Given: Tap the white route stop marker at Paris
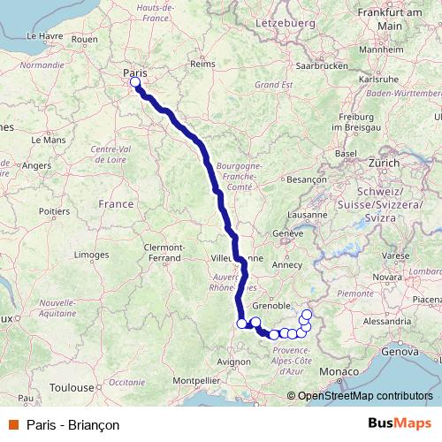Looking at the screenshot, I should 135,83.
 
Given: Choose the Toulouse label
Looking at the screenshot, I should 72,387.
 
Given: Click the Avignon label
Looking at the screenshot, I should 232,362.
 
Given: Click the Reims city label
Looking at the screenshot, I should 202,64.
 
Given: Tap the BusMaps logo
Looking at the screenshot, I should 400,424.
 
